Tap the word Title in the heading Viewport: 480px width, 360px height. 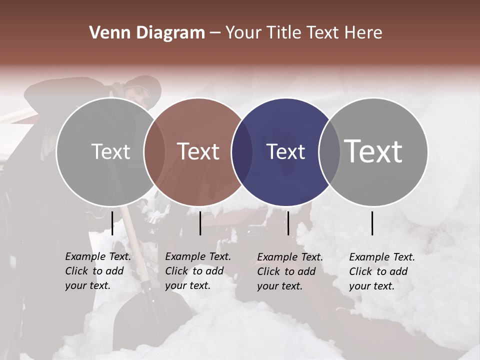pyautogui.click(x=284, y=33)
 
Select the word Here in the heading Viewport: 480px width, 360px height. pyautogui.click(x=364, y=33)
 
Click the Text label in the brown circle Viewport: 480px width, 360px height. pyautogui.click(x=198, y=151)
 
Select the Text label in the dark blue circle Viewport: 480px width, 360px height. pyautogui.click(x=285, y=151)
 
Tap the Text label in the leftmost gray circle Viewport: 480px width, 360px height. pyautogui.click(x=110, y=151)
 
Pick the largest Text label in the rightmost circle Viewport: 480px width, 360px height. pyautogui.click(x=373, y=151)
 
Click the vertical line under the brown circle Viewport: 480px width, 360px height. pyautogui.click(x=200, y=223)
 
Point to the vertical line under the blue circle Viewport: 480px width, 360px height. pyautogui.click(x=288, y=223)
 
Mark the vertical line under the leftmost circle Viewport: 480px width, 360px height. pyautogui.click(x=112, y=223)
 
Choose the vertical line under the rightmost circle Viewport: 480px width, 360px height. pyautogui.click(x=372, y=223)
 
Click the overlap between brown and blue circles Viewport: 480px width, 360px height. pyautogui.click(x=242, y=151)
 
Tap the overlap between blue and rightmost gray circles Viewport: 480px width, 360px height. pyautogui.click(x=329, y=151)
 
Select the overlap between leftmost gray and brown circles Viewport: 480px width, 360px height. pyautogui.click(x=154, y=151)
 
